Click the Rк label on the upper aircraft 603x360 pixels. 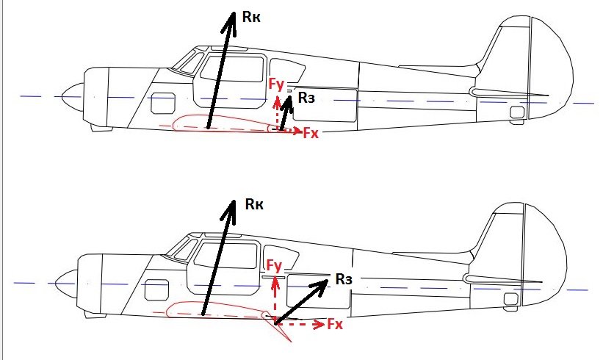(x=251, y=17)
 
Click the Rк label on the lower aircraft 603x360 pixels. (x=254, y=204)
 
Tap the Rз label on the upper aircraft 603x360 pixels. (x=306, y=98)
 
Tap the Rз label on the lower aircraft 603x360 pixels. (x=344, y=279)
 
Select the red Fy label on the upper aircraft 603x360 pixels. (x=276, y=84)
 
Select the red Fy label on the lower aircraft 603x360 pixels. (x=274, y=266)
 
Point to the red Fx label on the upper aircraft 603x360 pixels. (x=311, y=134)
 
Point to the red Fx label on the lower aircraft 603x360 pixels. (x=335, y=324)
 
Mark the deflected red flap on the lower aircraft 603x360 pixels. (x=277, y=326)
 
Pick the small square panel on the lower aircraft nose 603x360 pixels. (x=157, y=290)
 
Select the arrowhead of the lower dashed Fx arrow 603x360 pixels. (x=319, y=324)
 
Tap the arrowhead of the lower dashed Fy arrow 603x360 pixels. (x=275, y=279)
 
